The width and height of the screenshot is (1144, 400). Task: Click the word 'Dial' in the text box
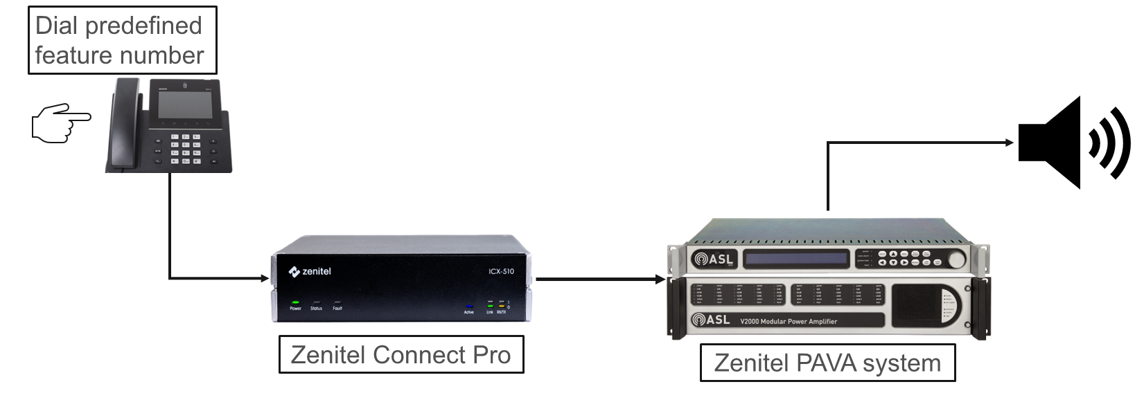[56, 26]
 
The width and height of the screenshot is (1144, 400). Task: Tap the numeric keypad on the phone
[186, 149]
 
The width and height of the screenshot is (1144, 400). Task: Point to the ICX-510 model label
[501, 271]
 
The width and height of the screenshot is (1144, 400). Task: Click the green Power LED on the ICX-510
[295, 302]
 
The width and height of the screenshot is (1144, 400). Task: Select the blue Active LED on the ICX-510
[469, 306]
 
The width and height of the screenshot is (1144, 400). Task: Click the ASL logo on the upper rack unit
[712, 260]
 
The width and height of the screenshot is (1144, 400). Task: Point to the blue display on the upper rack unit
[796, 260]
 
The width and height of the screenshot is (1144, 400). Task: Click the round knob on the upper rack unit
[957, 260]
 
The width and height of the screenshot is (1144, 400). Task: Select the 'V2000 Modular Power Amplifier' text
[789, 321]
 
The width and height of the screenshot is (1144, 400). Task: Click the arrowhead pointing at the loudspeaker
[1010, 143]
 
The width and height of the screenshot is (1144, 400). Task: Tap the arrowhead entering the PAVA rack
[661, 280]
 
